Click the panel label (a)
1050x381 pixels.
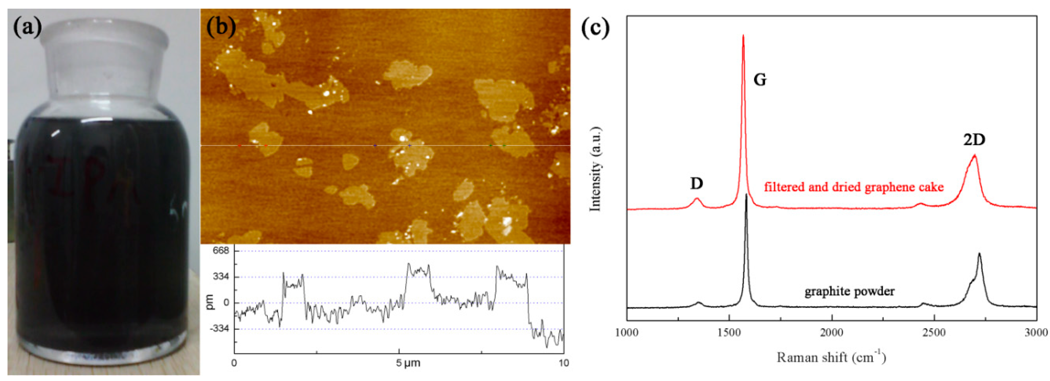27,28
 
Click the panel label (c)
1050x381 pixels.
595,28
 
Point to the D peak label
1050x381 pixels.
697,184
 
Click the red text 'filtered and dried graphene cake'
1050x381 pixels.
854,187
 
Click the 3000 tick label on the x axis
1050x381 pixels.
1036,333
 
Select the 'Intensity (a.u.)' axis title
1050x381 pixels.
596,169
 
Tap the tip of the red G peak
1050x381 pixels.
743,36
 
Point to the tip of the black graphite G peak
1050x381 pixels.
746,195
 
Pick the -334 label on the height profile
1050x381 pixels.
219,329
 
